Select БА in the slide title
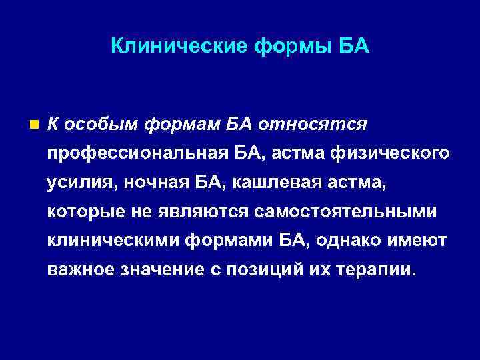pyautogui.click(x=354, y=47)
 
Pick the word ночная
pyautogui.click(x=147, y=183)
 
